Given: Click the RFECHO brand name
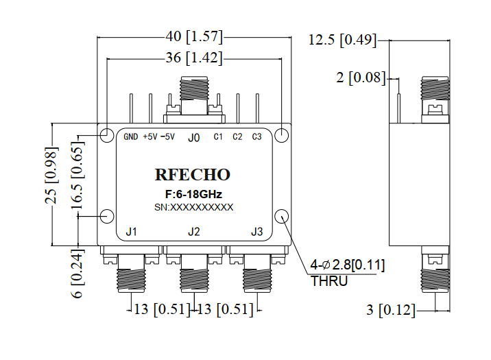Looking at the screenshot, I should (x=193, y=176).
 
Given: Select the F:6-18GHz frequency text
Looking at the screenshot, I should (x=193, y=195).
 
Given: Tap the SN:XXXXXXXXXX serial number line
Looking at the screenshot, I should (x=193, y=207).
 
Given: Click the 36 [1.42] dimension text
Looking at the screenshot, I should (x=194, y=58).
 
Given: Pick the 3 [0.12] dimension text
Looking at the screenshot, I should (x=392, y=310).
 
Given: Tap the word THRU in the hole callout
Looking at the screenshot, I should (x=330, y=281).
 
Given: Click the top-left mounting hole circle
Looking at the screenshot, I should (x=107, y=135).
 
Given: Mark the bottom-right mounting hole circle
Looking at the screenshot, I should (x=283, y=217).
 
